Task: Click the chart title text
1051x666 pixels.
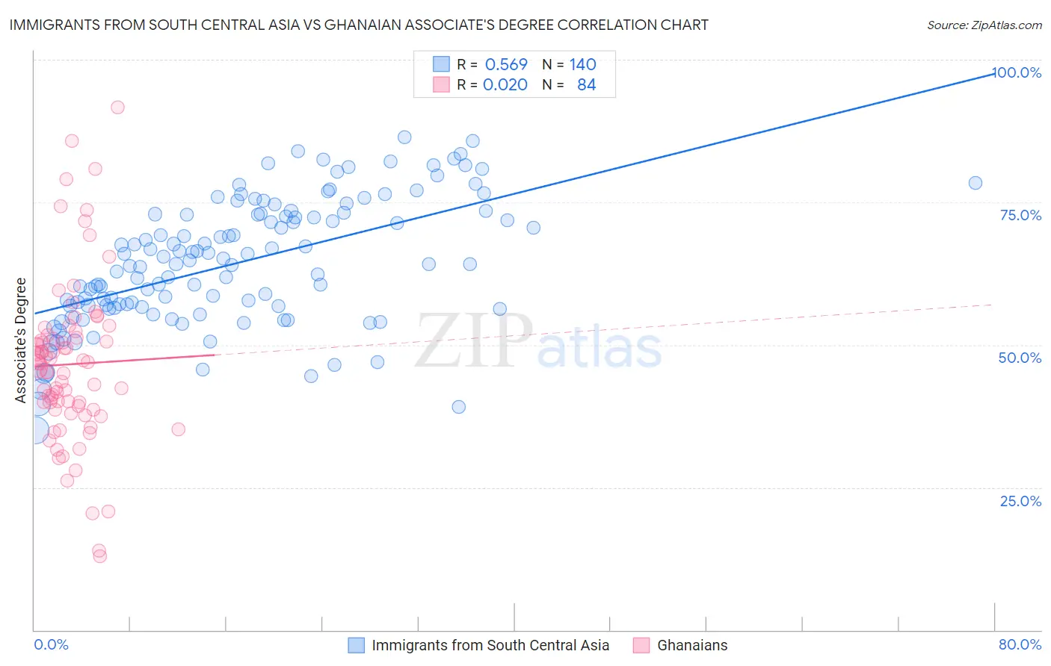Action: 359,25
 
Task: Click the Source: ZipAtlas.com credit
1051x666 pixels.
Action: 984,25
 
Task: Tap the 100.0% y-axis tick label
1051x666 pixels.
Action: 1017,72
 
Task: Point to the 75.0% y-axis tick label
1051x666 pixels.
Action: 1020,215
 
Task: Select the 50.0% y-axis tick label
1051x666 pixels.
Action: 1020,358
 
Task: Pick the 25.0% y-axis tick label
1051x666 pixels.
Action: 1020,501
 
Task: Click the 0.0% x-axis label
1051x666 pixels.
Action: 51,644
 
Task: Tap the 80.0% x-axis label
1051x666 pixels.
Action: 1020,644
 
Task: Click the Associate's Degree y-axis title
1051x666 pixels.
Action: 21,340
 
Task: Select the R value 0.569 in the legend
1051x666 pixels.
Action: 506,64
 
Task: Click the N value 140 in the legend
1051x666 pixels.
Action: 582,64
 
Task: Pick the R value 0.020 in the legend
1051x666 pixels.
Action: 505,85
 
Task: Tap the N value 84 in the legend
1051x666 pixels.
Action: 586,85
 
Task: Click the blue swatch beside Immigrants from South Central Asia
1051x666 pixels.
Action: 357,645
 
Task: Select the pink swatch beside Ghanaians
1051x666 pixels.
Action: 641,645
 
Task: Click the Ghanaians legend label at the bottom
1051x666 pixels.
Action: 692,645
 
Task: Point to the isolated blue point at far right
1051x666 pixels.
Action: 975,183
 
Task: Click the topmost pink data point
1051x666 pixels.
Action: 117,107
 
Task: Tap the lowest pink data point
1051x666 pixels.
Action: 99,556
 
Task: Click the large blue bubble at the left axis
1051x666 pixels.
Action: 34,431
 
